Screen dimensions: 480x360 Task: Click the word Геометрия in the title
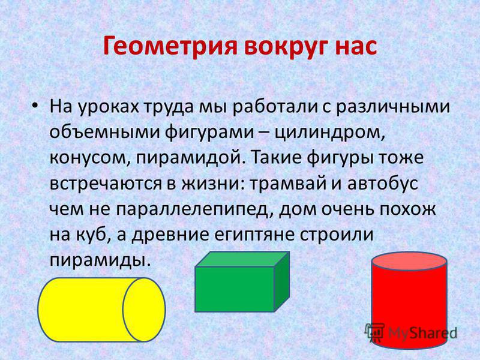coord(170,47)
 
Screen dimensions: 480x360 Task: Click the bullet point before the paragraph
coord(35,106)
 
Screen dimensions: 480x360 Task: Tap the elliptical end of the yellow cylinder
coord(144,310)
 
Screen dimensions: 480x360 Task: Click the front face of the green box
coord(235,289)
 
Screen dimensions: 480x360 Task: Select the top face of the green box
coord(242,259)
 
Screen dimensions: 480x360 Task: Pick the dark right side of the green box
coord(281,281)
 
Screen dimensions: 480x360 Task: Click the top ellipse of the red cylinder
coord(409,262)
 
